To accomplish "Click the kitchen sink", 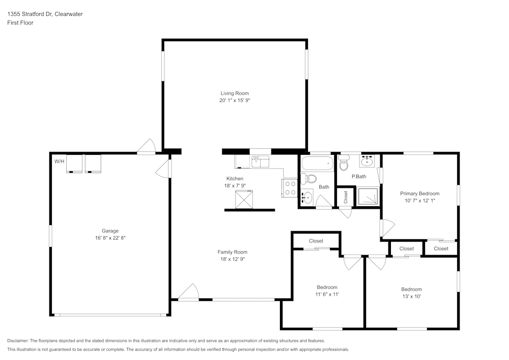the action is tap(260, 161).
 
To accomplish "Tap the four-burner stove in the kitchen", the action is tap(290, 188).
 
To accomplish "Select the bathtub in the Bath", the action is tap(317, 163).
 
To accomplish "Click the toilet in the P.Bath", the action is tap(343, 163).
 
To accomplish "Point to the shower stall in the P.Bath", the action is tap(368, 197).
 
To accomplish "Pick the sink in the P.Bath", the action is tap(367, 161).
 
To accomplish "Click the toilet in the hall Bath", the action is tap(308, 179).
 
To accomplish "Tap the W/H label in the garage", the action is tap(59, 161).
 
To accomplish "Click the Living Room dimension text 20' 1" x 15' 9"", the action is tap(235, 100).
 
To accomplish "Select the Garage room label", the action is tap(110, 231).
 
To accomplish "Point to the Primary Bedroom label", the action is tap(420, 193).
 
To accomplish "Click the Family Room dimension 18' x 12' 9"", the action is tap(233, 259).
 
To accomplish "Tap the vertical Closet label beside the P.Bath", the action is tap(346, 197).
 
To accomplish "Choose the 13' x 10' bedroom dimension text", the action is tap(412, 296).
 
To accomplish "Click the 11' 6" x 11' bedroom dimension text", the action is tap(327, 294).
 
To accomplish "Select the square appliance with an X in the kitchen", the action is tap(244, 199).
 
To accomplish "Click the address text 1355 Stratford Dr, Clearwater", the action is tap(45, 14).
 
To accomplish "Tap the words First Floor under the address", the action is tap(20, 23).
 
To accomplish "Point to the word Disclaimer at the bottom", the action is tap(17, 341).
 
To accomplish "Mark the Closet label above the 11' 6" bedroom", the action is tap(316, 241).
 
